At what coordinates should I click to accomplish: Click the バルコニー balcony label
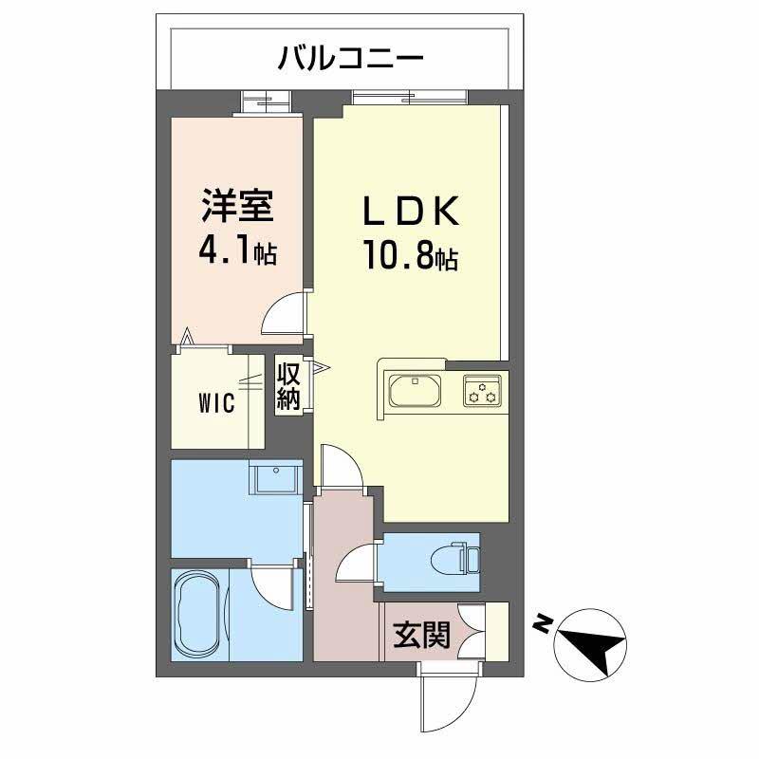click(350, 59)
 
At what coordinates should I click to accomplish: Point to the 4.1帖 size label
click(237, 251)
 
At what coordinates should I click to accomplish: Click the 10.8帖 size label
click(410, 254)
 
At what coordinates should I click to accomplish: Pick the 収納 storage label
click(288, 384)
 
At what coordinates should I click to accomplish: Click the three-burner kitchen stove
click(483, 391)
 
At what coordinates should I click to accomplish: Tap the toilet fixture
click(464, 557)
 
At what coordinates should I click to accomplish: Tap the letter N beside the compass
click(542, 623)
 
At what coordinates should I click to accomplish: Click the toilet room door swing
click(355, 565)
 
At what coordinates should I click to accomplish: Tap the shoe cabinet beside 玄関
click(494, 631)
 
